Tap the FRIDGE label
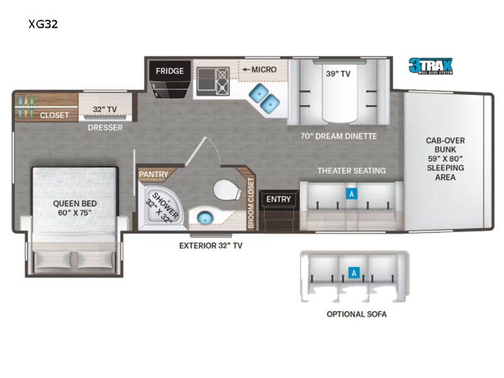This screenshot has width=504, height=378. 170,71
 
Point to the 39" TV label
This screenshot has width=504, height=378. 338,73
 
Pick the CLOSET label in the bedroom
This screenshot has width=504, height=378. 54,115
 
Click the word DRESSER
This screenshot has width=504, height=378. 105,127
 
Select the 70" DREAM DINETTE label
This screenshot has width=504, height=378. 338,136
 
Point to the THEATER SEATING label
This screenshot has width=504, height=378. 352,171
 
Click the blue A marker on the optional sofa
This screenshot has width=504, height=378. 354,273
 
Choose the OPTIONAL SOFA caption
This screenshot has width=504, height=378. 356,314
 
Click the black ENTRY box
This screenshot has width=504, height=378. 278,200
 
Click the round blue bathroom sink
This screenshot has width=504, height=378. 203,218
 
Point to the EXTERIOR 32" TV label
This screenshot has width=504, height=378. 210,246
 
